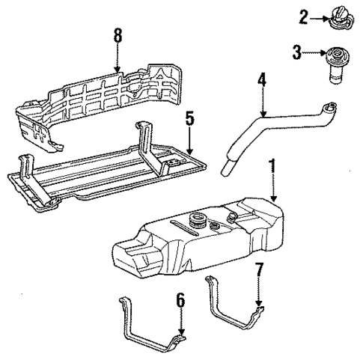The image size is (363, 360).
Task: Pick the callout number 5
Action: click(190, 118)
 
